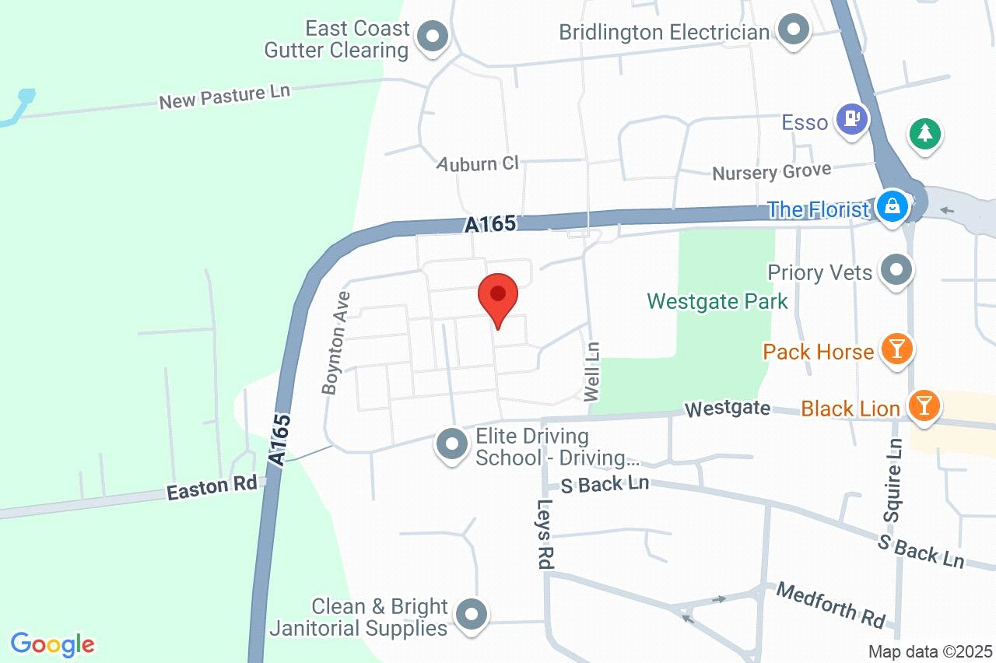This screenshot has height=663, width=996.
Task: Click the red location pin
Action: (498, 296)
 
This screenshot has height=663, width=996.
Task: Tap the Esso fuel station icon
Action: (852, 119)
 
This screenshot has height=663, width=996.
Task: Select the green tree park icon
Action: (924, 134)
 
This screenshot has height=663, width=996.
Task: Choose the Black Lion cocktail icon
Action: (923, 406)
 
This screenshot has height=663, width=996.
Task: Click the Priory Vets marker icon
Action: (897, 271)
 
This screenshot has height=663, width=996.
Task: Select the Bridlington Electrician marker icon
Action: (794, 31)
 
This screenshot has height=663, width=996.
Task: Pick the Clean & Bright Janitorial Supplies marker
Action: (470, 616)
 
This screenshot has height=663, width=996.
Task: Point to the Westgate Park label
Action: (717, 301)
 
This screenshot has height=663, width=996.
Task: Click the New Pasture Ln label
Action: (224, 96)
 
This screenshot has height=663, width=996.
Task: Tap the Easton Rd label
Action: (212, 488)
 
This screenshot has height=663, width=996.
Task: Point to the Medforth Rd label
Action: (831, 605)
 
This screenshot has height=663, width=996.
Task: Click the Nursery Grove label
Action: (771, 170)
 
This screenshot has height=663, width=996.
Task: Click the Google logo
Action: (53, 644)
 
